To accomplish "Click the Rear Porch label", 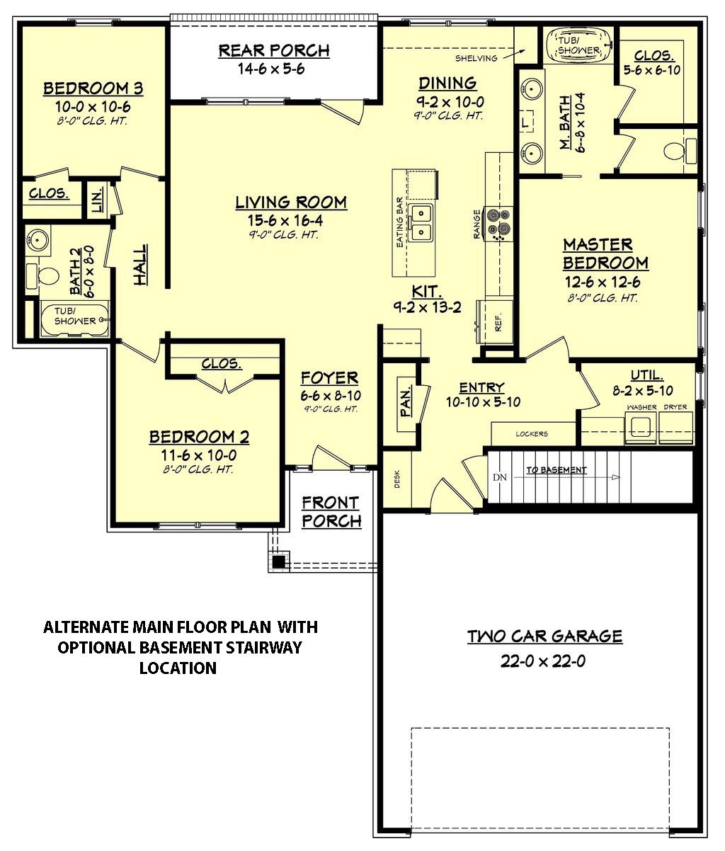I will click(273, 51).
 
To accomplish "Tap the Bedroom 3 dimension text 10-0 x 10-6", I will click(93, 106).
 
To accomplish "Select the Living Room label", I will click(291, 202).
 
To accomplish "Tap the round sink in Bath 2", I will click(39, 241).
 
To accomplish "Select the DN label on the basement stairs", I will click(500, 477).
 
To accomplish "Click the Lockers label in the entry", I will click(532, 434).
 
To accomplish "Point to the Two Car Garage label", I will click(544, 636).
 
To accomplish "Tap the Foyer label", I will click(329, 377).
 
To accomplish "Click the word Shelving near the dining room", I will click(476, 58).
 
